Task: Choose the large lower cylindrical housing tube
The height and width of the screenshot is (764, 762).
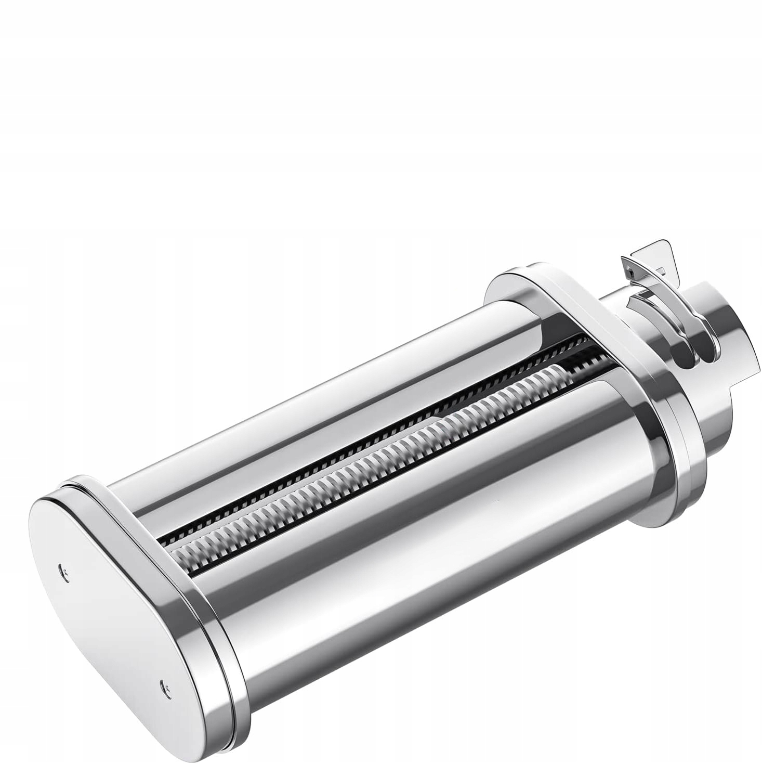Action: (x=416, y=520)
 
